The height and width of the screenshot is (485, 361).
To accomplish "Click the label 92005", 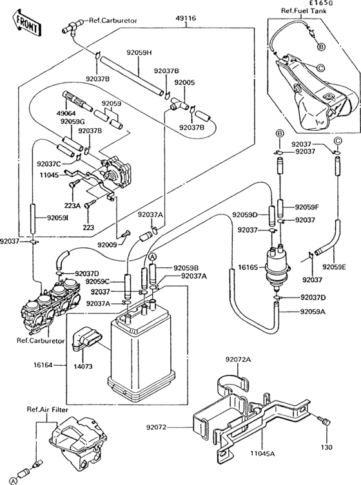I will (x=186, y=83).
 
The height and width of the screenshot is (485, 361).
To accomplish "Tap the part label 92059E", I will (x=335, y=266).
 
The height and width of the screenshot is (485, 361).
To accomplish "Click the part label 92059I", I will (x=59, y=218).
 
